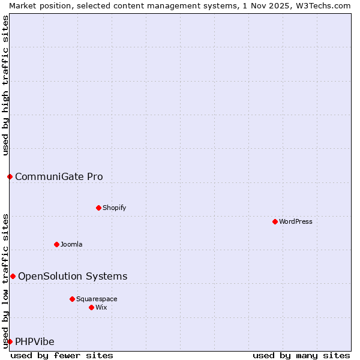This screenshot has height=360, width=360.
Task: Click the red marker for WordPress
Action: click(x=275, y=221)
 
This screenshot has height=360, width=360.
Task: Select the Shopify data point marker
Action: click(x=98, y=208)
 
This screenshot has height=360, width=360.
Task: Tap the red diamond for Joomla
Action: click(x=56, y=244)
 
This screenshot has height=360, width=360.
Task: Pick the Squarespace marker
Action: click(x=72, y=299)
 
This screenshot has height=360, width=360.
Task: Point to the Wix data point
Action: click(x=91, y=307)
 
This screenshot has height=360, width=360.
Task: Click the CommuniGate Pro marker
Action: click(x=10, y=176)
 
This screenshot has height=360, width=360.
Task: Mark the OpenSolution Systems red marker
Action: click(x=13, y=276)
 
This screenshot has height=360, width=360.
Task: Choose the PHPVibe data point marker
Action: click(x=10, y=341)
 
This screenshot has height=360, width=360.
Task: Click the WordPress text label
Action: click(x=296, y=221)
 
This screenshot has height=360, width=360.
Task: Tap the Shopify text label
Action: click(x=114, y=208)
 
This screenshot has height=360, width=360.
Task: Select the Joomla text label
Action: click(x=71, y=244)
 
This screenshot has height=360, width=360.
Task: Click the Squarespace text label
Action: click(x=97, y=299)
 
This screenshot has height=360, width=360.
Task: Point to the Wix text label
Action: click(x=101, y=307)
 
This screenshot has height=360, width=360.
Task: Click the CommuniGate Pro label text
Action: click(x=59, y=176)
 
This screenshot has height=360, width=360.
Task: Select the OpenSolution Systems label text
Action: click(x=73, y=276)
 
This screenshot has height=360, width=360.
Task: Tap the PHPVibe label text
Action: click(x=35, y=341)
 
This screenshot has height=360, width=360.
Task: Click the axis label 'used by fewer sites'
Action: click(x=62, y=355)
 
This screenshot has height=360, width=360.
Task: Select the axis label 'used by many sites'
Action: click(x=301, y=355)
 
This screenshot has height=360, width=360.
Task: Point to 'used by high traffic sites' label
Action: click(x=6, y=85)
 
